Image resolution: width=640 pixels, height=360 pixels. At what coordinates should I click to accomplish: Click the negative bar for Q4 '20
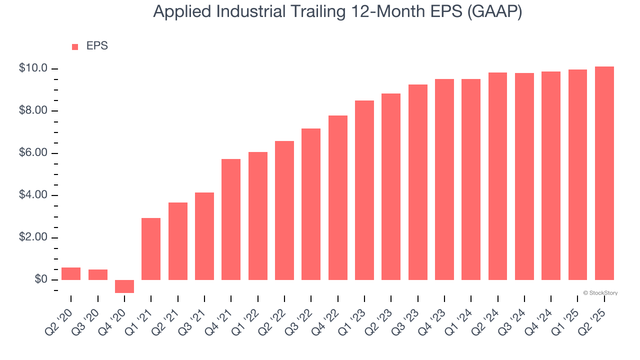124,286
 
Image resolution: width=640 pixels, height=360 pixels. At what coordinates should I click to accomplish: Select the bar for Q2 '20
71,273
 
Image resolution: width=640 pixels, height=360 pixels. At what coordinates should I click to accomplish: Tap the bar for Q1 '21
151,249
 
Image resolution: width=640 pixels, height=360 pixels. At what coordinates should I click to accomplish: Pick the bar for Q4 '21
231,219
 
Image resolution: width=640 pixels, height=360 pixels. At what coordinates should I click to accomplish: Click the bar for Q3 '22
311,204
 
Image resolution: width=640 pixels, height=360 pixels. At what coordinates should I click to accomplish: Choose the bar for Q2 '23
391,186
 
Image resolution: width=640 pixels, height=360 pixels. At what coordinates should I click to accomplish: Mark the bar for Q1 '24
471,179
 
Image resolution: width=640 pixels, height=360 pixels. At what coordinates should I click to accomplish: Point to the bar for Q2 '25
604,173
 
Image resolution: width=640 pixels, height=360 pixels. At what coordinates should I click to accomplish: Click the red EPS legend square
75,46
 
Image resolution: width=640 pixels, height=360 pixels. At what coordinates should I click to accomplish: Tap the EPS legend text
97,46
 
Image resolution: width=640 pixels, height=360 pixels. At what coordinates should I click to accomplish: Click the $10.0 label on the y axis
33,68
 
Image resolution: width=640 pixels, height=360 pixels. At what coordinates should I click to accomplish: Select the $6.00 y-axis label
33,153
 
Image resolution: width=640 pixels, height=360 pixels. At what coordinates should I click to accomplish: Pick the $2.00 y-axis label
33,237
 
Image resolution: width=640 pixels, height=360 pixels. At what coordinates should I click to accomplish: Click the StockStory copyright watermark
600,293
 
